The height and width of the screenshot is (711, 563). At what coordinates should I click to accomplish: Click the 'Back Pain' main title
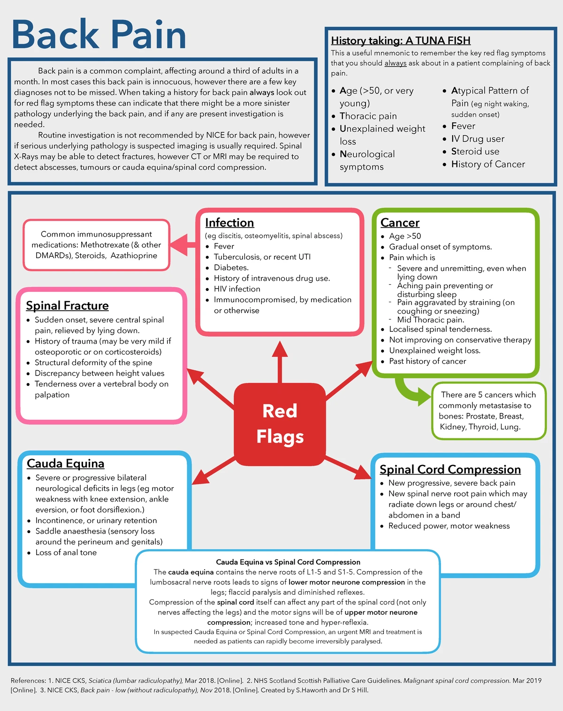(99, 35)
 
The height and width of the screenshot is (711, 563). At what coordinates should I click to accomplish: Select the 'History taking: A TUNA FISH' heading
(401, 41)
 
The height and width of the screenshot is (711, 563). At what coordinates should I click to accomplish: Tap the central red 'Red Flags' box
(280, 424)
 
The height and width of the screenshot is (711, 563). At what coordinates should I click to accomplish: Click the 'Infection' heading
(229, 222)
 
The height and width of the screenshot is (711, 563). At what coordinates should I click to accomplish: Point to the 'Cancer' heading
(400, 222)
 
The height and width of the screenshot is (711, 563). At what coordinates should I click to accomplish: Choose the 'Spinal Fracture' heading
(67, 306)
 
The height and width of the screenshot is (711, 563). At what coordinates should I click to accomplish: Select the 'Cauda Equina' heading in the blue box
(65, 463)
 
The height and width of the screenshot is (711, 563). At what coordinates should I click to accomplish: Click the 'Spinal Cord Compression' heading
(450, 469)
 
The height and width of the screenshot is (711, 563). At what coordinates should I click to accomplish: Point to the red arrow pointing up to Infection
(280, 361)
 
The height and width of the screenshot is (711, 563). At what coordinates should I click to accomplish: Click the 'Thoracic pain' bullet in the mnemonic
(368, 116)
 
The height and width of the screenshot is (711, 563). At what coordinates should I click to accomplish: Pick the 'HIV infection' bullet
(236, 289)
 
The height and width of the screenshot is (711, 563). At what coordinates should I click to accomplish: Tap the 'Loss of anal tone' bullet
(66, 553)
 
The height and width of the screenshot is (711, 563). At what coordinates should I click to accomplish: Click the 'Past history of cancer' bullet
(427, 361)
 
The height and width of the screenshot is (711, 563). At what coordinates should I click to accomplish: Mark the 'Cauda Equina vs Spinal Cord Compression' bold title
(288, 562)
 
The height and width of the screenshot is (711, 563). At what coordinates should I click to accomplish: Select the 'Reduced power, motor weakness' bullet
(449, 526)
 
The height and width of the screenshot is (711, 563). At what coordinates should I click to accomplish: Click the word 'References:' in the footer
(28, 680)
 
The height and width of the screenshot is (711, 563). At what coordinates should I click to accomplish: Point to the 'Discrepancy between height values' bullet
(99, 374)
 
